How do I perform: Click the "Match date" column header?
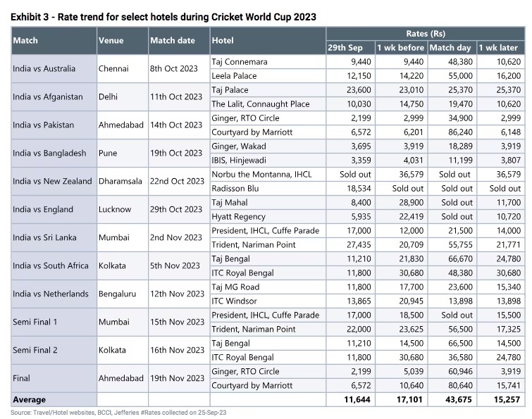tap(173, 41)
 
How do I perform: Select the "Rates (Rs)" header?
tap(426, 34)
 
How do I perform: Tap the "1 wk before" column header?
tap(401, 48)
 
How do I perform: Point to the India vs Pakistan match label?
tap(43, 125)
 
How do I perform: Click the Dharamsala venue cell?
tap(120, 182)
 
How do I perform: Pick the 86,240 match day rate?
tap(460, 132)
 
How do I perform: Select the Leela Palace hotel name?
tap(234, 76)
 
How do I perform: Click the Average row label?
tap(29, 400)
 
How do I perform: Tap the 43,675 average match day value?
tap(459, 400)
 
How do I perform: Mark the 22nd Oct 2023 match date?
tap(177, 182)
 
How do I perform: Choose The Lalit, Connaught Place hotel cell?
tap(261, 104)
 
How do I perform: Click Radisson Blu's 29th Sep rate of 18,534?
tap(359, 189)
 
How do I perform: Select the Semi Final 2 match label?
tap(35, 350)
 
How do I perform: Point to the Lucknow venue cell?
tap(115, 210)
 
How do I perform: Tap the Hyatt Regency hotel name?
tap(238, 217)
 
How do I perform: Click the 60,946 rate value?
tap(460, 372)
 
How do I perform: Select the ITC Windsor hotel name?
tap(234, 301)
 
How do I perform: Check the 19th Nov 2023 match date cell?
tap(177, 378)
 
